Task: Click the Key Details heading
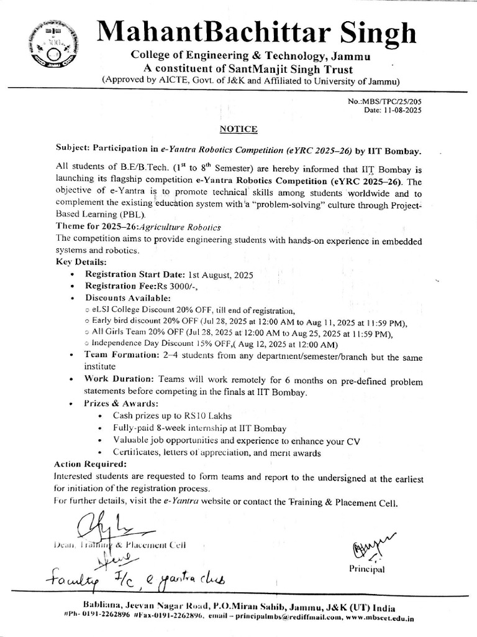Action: point(81,262)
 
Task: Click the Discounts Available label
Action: point(123,298)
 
